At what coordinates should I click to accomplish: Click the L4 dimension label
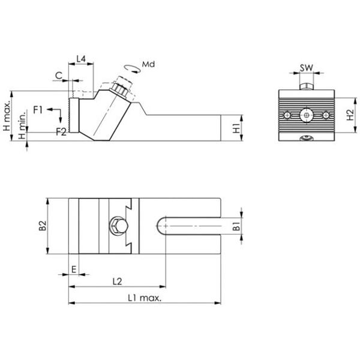(x=81, y=59)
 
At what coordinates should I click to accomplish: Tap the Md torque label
(x=148, y=64)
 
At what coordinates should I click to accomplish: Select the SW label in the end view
(x=307, y=68)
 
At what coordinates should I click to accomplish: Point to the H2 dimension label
(x=350, y=115)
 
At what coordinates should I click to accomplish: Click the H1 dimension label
(x=236, y=128)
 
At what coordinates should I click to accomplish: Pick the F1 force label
(x=38, y=110)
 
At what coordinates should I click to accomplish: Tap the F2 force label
(x=61, y=131)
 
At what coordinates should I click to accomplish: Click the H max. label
(x=7, y=115)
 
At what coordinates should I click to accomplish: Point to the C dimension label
(x=59, y=76)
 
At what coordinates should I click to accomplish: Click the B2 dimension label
(x=43, y=226)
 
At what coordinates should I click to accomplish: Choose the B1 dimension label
(x=236, y=226)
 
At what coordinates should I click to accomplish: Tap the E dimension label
(x=74, y=269)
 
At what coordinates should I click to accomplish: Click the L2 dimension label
(x=118, y=281)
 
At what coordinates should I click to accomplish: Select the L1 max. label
(x=145, y=298)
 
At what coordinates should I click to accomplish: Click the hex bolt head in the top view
(x=118, y=226)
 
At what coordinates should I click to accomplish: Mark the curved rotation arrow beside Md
(x=132, y=69)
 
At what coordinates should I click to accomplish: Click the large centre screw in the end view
(x=307, y=115)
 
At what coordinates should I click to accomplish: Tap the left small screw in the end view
(x=287, y=115)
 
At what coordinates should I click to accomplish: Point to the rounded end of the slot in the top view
(x=161, y=226)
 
